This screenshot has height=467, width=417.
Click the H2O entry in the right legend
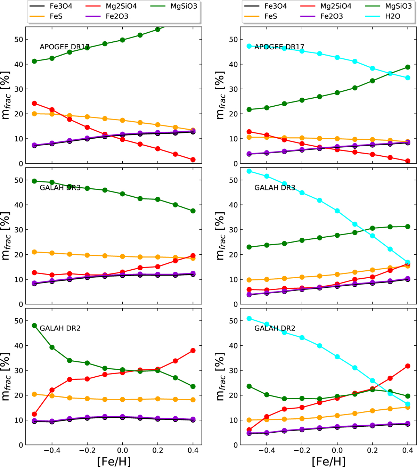pos(393,16)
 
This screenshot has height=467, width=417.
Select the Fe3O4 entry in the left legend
pos(61,6)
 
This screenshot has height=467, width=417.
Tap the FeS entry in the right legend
pos(271,16)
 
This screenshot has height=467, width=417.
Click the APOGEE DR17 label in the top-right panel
pos(279,47)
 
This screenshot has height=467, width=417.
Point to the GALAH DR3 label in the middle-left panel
pos(60,188)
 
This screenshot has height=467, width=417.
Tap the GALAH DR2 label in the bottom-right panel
pos(275,328)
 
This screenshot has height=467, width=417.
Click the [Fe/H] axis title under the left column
pos(114,461)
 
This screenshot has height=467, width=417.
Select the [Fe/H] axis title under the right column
pos(328,461)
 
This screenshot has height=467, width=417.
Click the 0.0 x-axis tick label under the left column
pos(122,451)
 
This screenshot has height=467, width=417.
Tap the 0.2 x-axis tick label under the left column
pos(158,451)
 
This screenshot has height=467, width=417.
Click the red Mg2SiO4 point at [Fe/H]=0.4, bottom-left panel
pos(193,351)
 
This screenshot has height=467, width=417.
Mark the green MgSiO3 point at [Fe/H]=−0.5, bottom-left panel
pos(34,326)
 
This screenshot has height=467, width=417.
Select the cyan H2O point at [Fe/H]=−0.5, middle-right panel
pos(249,171)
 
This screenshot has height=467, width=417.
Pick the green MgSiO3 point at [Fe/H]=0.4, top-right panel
pos(408,67)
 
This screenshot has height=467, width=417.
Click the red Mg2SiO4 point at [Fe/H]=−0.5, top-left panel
pos(34,103)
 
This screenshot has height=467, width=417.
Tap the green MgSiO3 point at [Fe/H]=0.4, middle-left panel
pos(193,211)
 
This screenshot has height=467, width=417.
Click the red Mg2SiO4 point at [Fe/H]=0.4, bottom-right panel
pos(408,366)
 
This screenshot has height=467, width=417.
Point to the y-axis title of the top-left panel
pos(6,95)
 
